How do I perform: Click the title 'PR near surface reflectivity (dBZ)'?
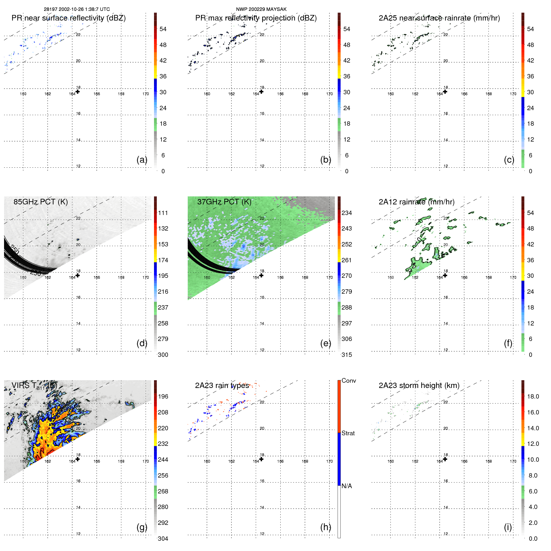(x=68, y=18)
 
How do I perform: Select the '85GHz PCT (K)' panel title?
(x=40, y=202)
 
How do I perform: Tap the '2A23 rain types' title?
(x=222, y=385)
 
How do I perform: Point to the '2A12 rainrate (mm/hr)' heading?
(x=416, y=202)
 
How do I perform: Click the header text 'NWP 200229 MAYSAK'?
(x=261, y=9)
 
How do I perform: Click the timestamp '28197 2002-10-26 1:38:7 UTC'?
(x=77, y=9)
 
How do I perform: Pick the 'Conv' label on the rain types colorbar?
(x=348, y=381)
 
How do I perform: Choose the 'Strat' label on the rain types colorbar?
(x=348, y=433)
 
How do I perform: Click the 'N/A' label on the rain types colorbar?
(x=347, y=486)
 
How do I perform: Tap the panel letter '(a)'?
(x=142, y=160)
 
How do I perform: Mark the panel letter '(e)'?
(x=325, y=343)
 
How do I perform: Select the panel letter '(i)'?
(x=508, y=527)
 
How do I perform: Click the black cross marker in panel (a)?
(x=77, y=91)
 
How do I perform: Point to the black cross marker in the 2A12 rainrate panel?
(x=445, y=275)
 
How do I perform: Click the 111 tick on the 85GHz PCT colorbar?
(x=163, y=213)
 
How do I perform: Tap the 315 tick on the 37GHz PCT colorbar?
(x=347, y=355)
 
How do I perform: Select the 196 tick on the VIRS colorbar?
(x=163, y=396)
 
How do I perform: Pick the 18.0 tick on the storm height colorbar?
(x=533, y=396)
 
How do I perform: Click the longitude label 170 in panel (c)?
(x=513, y=94)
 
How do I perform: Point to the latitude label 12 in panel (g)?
(x=78, y=534)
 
